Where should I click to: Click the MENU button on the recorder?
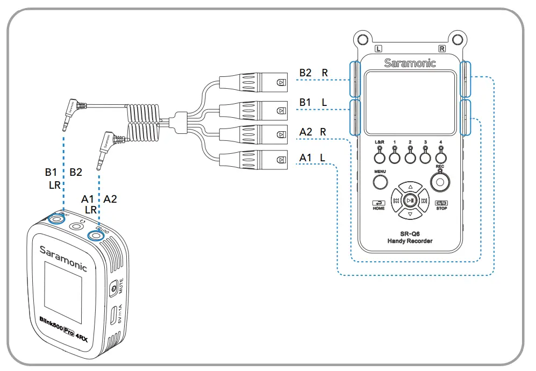pos(381,182)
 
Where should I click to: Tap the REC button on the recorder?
pos(440,183)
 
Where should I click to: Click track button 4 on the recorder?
pos(440,157)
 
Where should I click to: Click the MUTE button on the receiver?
pos(114,289)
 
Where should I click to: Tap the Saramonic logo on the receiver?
pos(63,257)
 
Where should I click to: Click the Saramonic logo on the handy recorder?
pos(410,63)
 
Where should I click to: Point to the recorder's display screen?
pos(410,103)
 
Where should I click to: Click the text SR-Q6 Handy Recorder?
pos(410,237)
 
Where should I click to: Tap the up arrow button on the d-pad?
pos(410,187)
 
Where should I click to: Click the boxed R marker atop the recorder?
pos(442,48)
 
